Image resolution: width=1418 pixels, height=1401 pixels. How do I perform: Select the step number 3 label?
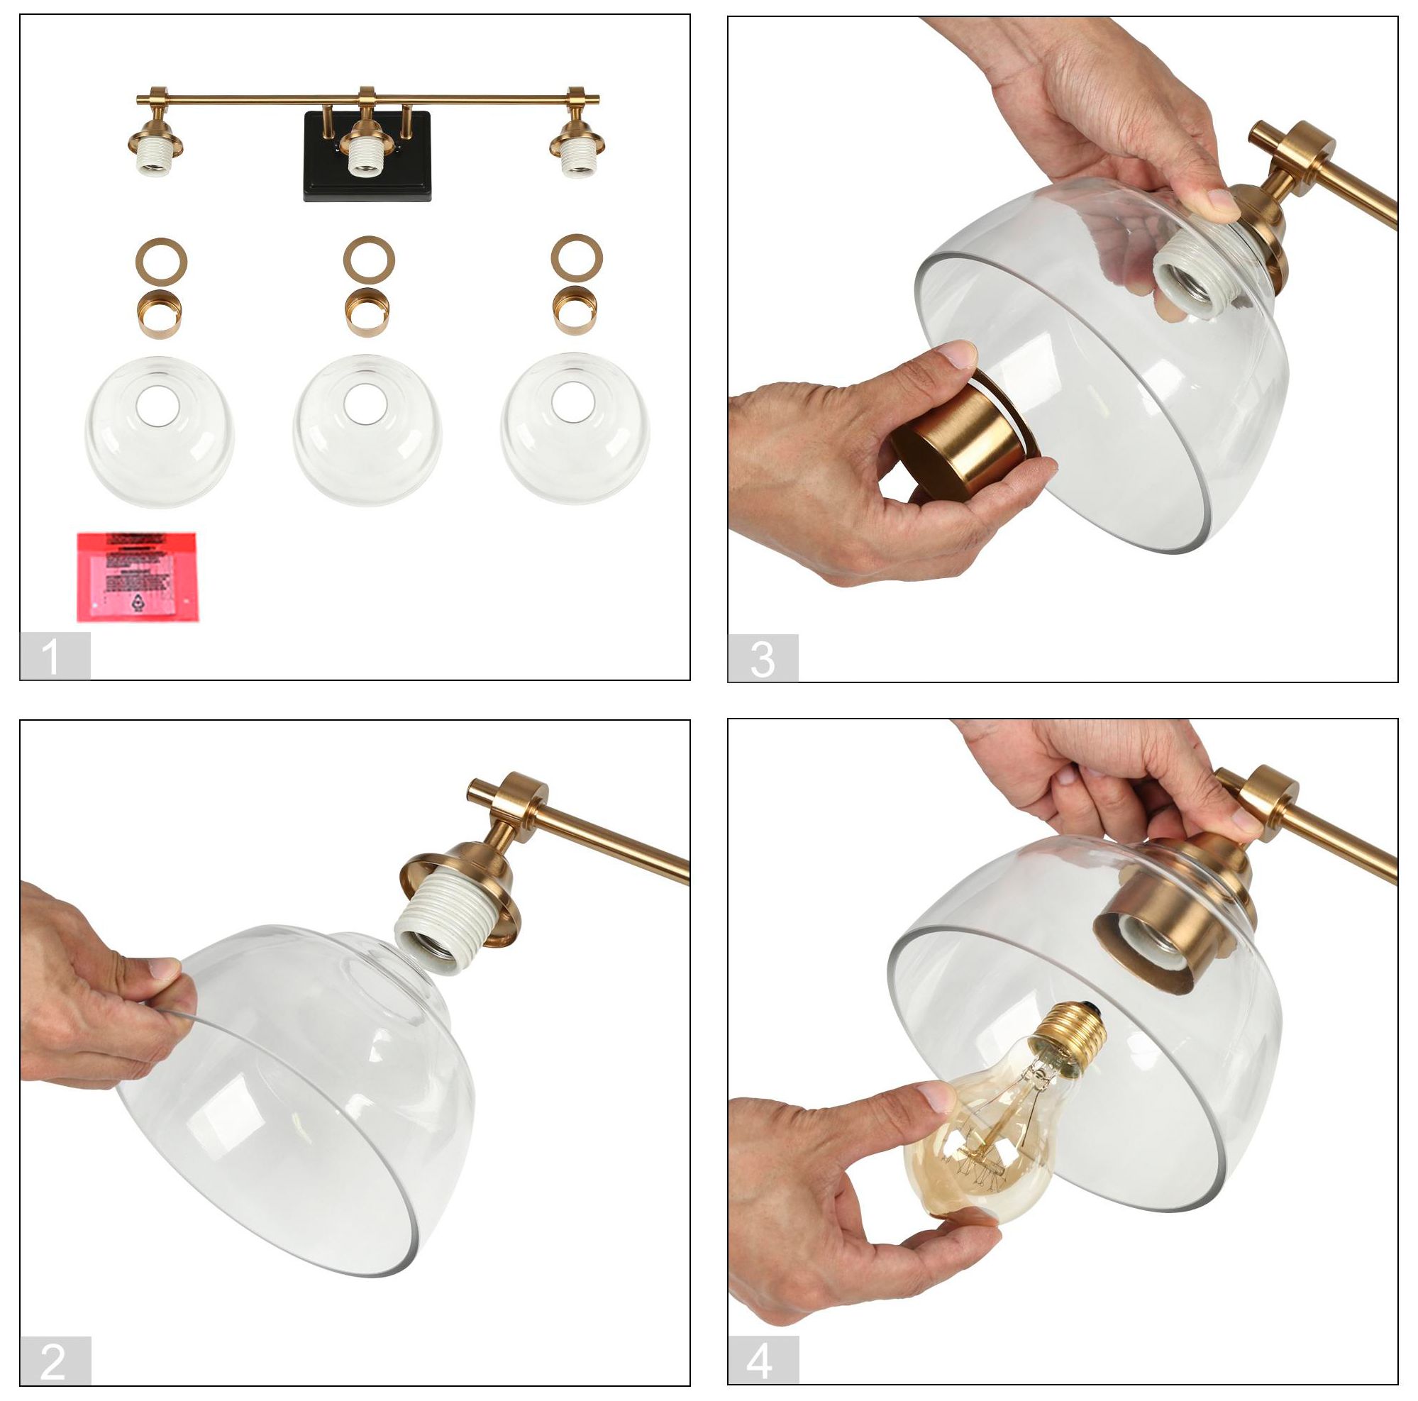tap(763, 658)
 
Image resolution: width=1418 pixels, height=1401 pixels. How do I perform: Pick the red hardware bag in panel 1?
tap(137, 576)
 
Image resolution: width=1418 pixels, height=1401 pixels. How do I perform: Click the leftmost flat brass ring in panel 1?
tap(161, 260)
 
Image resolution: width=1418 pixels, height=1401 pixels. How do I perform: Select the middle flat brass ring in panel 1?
tap(369, 260)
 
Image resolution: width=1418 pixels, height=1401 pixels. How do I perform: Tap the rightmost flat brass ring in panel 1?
tap(577, 258)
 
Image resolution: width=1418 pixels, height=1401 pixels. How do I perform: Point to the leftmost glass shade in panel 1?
tap(160, 431)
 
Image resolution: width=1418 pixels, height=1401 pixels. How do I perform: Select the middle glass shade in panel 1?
tap(367, 429)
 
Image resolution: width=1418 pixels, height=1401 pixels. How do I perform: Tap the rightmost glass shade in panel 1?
tap(575, 428)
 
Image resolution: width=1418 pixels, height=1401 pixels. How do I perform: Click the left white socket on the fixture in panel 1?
tap(156, 157)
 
